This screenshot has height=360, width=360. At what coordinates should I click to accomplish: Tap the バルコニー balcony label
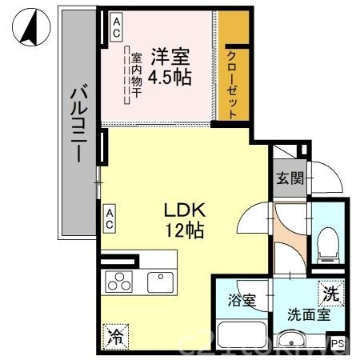78,123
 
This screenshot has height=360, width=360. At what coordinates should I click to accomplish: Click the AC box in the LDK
110,218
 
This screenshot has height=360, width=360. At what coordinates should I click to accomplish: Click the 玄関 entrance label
289,178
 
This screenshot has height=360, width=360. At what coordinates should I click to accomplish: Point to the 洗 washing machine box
330,294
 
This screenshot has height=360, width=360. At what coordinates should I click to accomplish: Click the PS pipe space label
337,344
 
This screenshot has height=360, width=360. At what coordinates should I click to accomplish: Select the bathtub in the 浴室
241,335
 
